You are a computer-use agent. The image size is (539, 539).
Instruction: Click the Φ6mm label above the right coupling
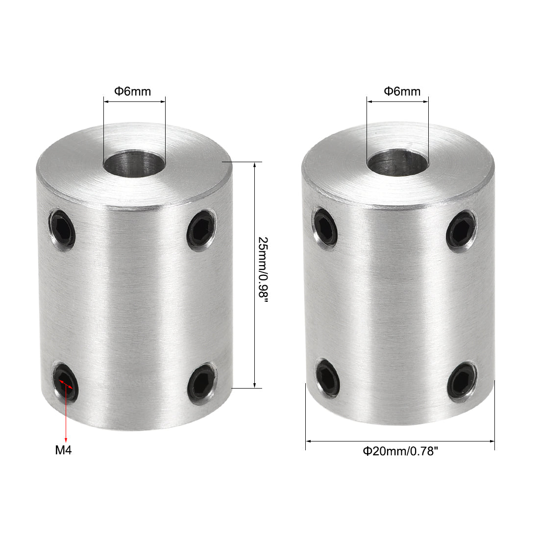[x=402, y=91]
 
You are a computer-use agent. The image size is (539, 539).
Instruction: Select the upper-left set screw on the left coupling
[x=62, y=228]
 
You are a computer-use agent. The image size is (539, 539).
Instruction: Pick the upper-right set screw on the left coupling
[x=201, y=229]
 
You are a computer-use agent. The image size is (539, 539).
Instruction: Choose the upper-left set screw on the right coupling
[x=325, y=226]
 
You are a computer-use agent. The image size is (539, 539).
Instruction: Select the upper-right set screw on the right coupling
[x=461, y=229]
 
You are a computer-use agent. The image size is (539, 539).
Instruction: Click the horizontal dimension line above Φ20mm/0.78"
[x=400, y=441]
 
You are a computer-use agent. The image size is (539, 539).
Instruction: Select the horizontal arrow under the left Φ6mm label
[x=134, y=101]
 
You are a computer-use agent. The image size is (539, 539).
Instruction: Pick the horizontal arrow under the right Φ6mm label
[x=398, y=101]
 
